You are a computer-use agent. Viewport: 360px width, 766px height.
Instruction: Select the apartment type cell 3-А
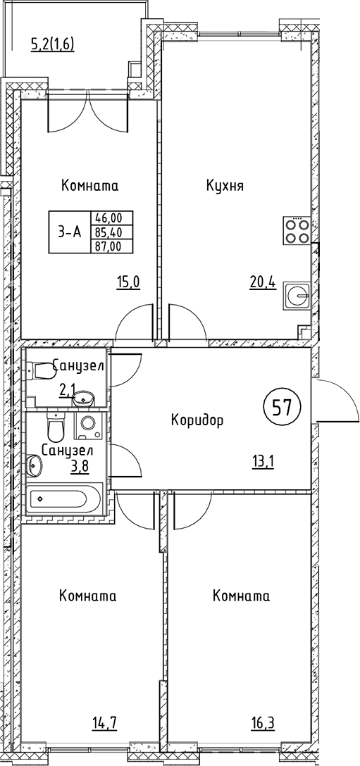69,232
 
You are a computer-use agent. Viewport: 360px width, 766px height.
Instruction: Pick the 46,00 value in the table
107,218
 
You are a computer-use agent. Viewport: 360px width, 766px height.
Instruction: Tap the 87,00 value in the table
107,245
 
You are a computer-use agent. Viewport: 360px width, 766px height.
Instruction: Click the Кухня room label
225,186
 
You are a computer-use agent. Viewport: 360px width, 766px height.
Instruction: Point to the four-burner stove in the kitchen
296,232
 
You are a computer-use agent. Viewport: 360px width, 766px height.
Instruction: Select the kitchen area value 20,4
261,284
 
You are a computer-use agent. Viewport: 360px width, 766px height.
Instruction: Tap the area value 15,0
128,284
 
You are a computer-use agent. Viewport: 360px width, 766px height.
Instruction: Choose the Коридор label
197,421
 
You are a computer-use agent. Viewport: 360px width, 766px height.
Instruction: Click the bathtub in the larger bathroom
63,501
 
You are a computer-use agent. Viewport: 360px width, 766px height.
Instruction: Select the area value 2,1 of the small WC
67,389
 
